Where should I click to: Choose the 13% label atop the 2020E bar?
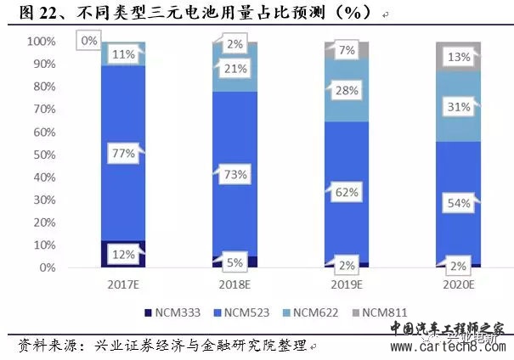(458, 57)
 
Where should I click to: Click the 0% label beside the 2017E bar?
(88, 41)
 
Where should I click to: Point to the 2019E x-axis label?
(347, 284)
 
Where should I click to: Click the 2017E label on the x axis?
(122, 284)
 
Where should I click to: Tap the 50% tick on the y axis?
(42, 155)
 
